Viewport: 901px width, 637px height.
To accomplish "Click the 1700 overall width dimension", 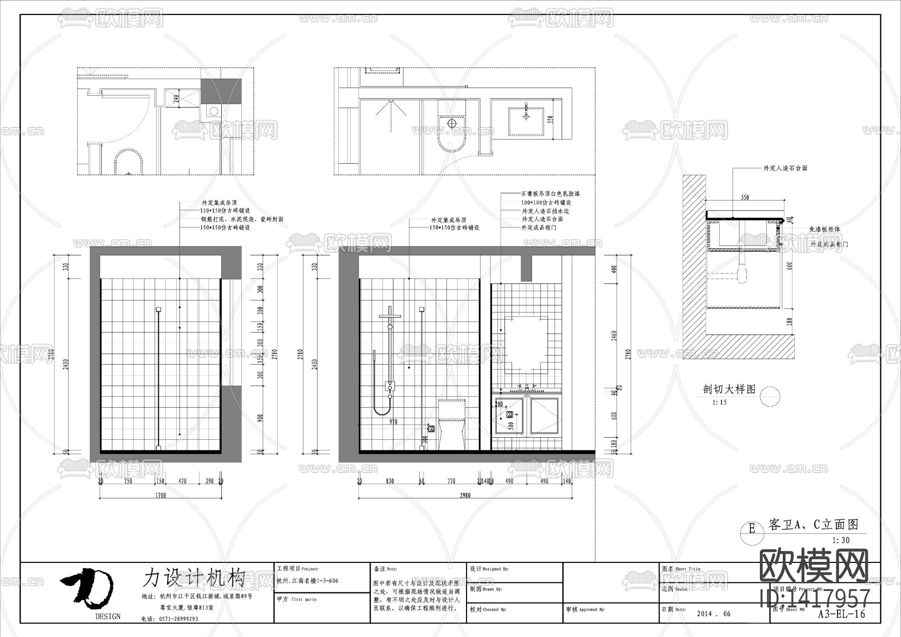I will [160, 495].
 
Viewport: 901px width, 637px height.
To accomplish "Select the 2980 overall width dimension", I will [465, 495].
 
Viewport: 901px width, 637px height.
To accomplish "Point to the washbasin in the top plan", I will [526, 121].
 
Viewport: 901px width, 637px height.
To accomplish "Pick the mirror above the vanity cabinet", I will [526, 345].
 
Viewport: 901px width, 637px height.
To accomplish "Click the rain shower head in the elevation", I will [390, 315].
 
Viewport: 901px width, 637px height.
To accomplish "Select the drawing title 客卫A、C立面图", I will [813, 524].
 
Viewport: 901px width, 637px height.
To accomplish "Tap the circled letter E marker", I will [751, 528].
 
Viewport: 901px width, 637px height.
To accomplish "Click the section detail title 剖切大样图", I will [729, 390].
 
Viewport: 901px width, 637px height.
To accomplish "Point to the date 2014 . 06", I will [714, 613].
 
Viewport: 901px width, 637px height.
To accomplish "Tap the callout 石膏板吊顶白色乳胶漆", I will [550, 194].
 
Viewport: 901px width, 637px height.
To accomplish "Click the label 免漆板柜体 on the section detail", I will [825, 229].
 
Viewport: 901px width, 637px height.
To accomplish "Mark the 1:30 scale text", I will [841, 540].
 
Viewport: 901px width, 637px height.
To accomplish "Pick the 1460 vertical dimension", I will [615, 336].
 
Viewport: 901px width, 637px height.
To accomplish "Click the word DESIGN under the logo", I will [108, 616].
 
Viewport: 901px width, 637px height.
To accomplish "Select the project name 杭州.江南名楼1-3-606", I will [307, 581].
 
